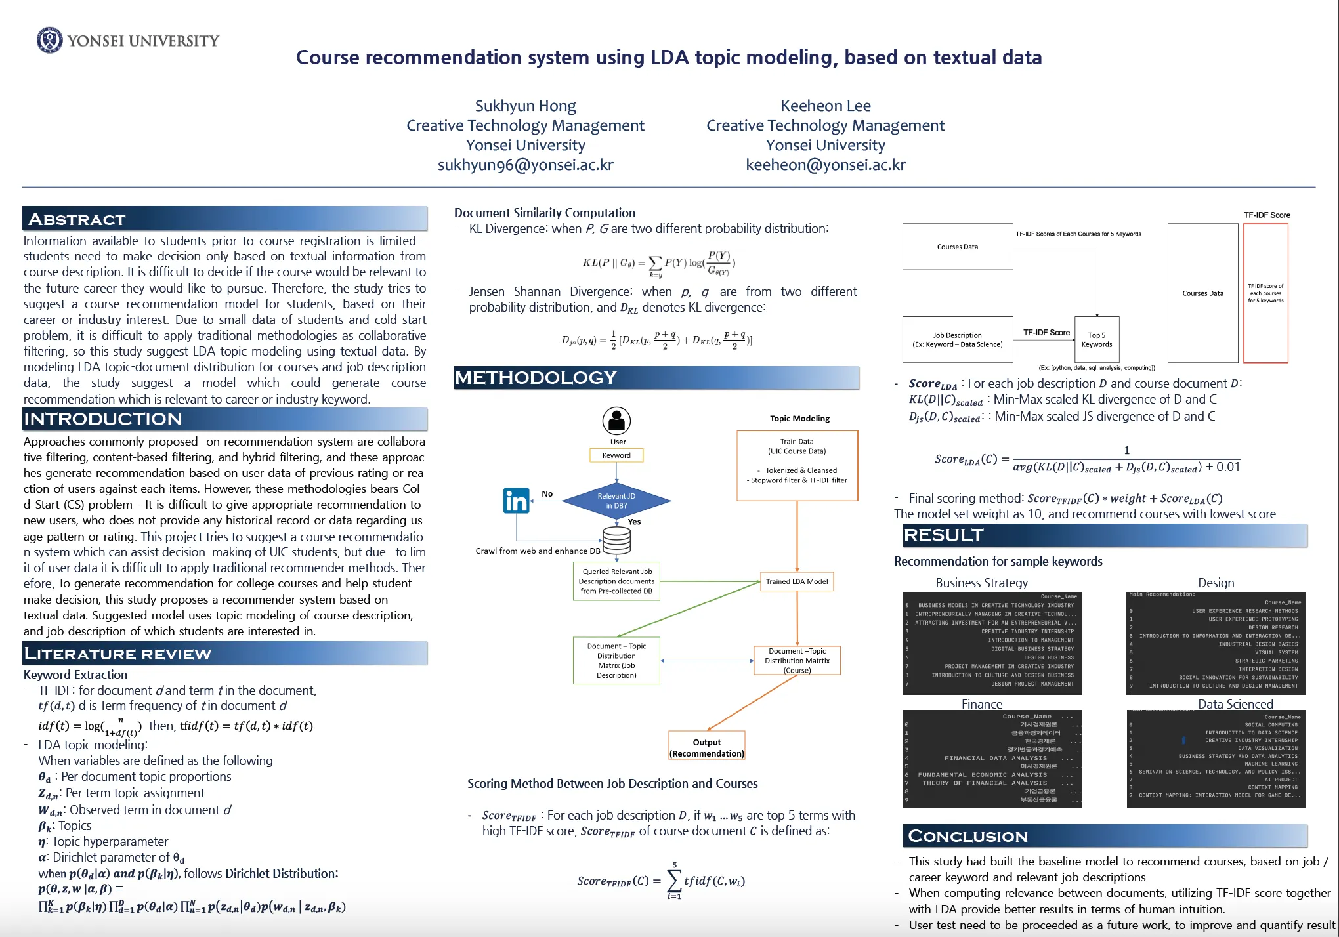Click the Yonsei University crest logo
coord(49,40)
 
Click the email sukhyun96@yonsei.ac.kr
coord(525,165)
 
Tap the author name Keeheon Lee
coord(825,106)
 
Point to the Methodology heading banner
coord(656,378)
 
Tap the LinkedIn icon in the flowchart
coord(517,501)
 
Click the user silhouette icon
coord(616,421)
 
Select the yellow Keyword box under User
coord(616,455)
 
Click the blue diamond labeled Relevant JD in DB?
coord(616,501)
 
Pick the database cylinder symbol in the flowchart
coord(616,541)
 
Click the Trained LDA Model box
coord(797,581)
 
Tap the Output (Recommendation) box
coord(707,747)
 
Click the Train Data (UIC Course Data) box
coord(797,465)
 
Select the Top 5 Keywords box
coord(1096,339)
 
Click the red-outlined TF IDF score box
coord(1265,293)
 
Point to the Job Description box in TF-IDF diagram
coord(957,339)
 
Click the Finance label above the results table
coord(981,704)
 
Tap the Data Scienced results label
coord(1235,704)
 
